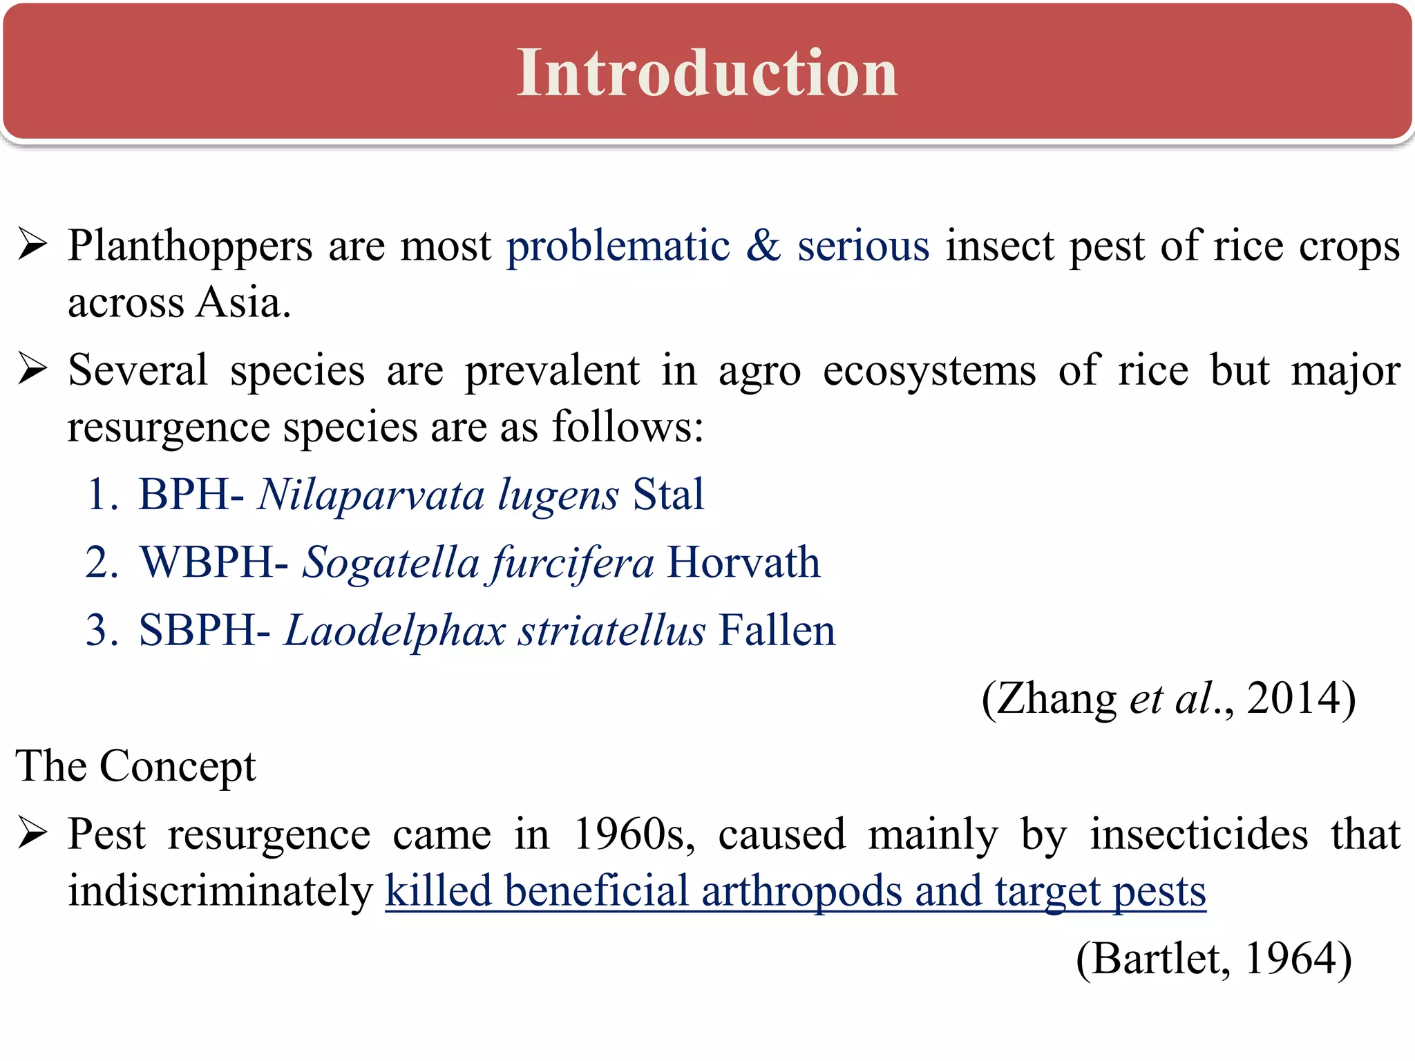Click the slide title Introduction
707,73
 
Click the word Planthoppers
190,247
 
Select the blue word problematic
618,247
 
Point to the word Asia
243,303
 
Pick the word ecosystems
929,371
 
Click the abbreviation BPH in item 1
184,495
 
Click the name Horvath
744,562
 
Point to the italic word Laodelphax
395,631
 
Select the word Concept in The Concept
178,767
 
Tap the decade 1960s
632,834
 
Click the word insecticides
1199,834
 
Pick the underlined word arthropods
802,891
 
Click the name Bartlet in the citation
1152,959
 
